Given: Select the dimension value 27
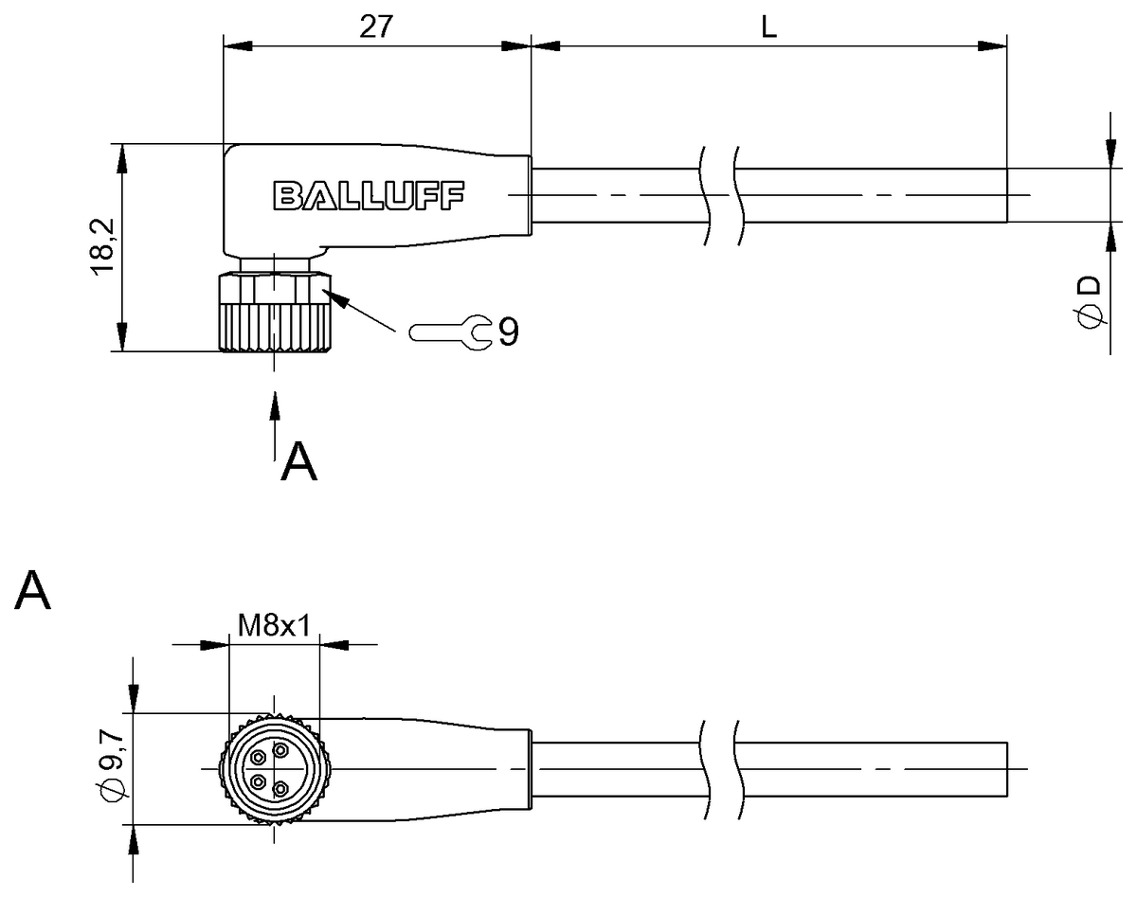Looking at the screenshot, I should click(x=376, y=27).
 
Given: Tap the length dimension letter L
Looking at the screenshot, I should click(x=769, y=27).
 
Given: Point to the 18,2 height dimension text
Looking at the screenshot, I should click(x=102, y=246).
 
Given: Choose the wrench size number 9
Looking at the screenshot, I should click(x=509, y=332).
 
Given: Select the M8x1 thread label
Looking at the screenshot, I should click(x=275, y=624).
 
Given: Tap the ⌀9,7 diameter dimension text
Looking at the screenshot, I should click(x=111, y=765).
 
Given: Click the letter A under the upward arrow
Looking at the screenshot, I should click(x=298, y=462).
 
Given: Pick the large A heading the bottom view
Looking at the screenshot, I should click(x=33, y=591).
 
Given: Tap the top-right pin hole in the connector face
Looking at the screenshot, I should click(x=280, y=750).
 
